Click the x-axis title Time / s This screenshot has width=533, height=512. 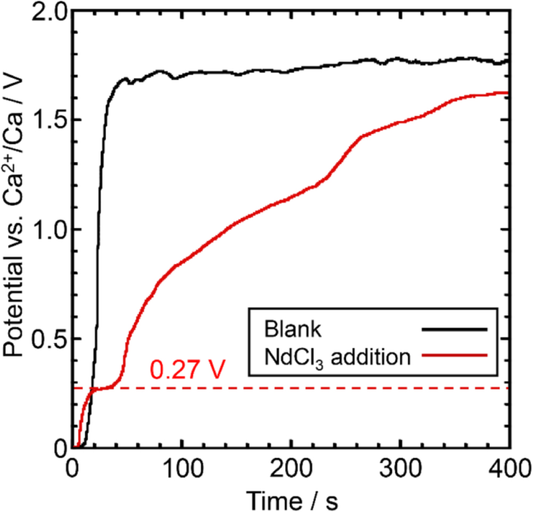[292, 499]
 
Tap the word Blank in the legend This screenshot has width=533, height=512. [293, 329]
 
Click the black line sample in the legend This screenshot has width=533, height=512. [454, 330]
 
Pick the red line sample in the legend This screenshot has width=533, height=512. [454, 354]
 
